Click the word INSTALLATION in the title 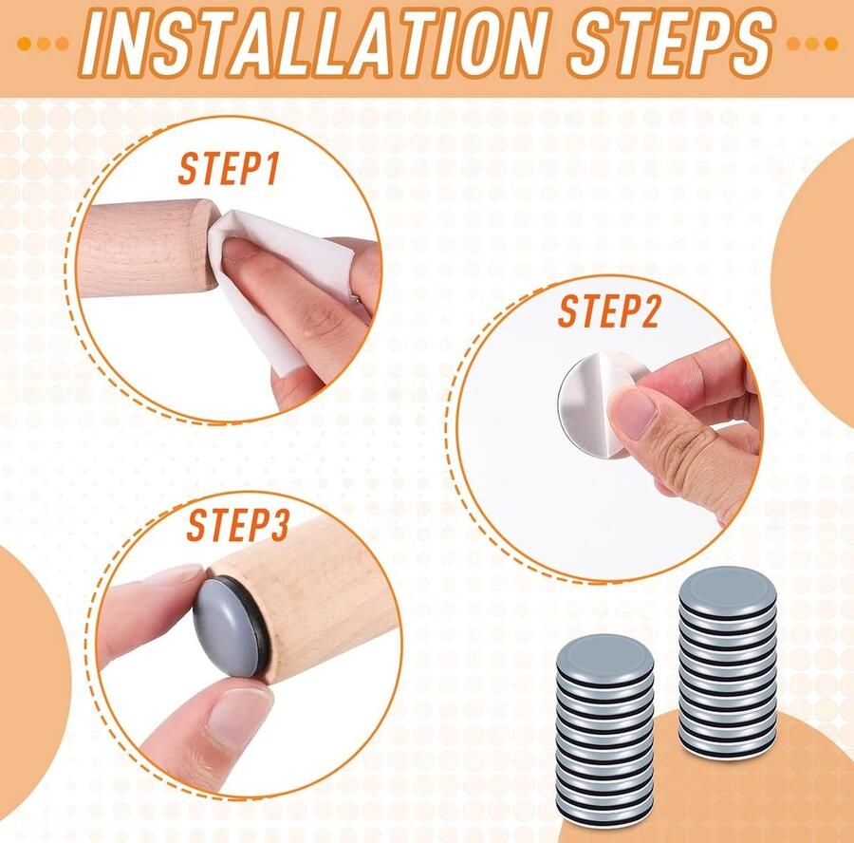pos(314,43)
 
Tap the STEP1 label pos(229,169)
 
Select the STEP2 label pos(608,311)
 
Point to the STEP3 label pos(237,525)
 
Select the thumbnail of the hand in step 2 pos(634,413)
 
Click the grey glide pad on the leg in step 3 pos(228,628)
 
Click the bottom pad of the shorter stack pos(604,809)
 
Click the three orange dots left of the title pos(43,44)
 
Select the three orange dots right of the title pos(812,44)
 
